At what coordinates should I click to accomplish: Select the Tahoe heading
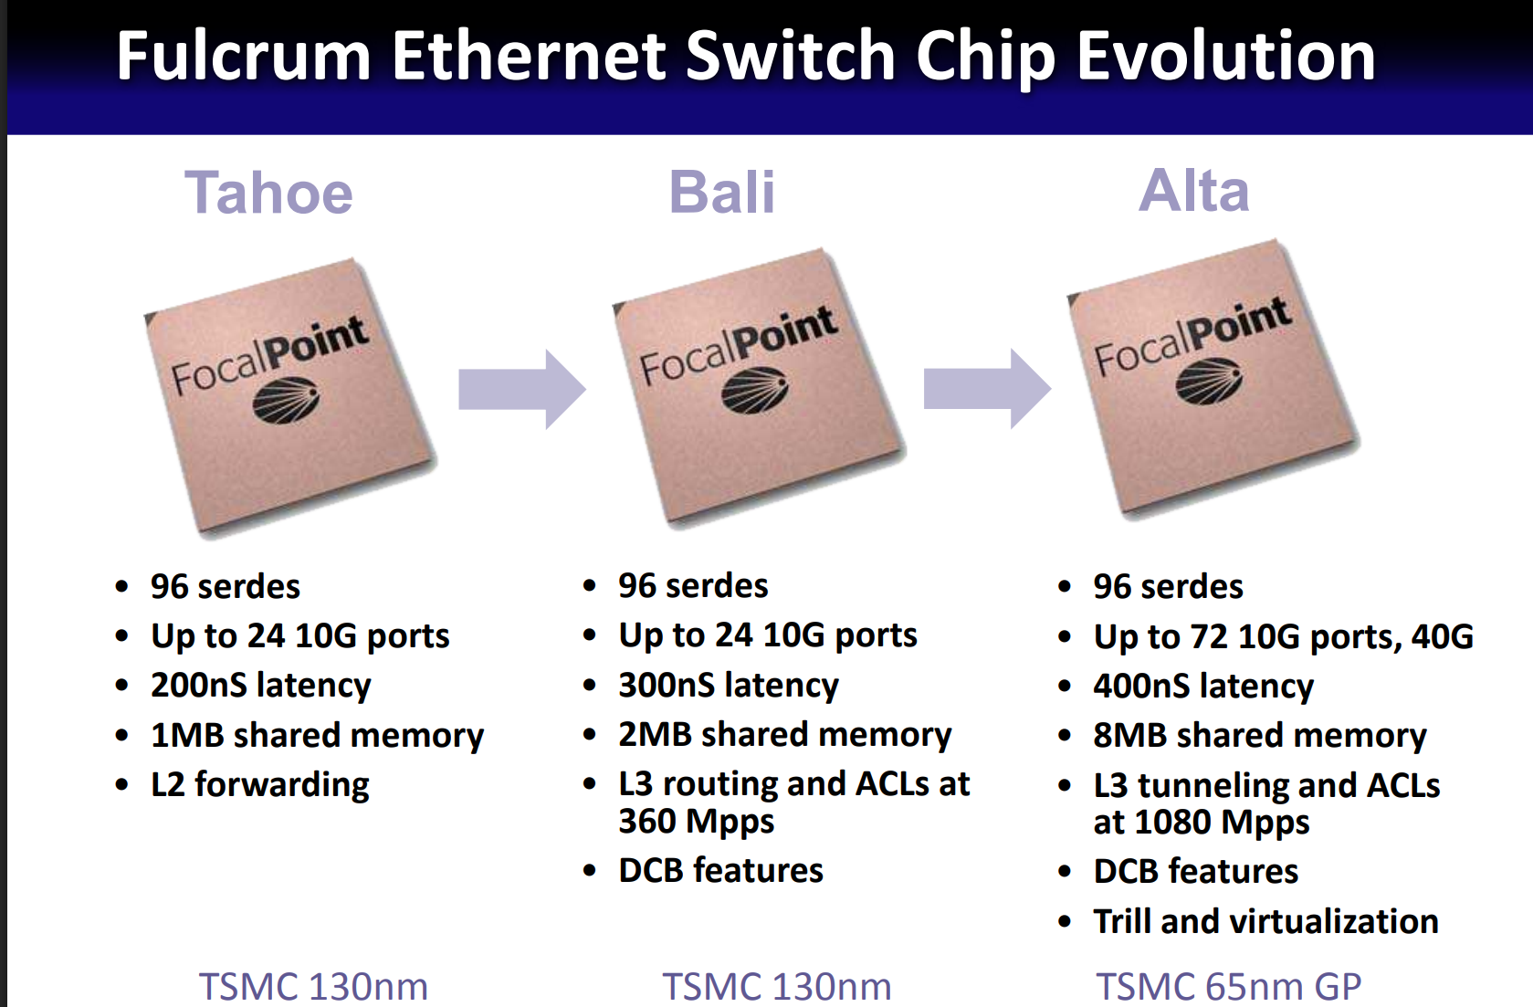click(268, 193)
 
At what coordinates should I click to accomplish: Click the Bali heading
click(721, 193)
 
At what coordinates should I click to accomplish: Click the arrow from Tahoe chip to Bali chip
click(521, 389)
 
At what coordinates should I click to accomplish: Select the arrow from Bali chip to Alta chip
click(987, 389)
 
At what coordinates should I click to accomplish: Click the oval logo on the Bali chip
click(755, 390)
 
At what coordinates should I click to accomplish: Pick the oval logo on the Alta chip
click(1209, 381)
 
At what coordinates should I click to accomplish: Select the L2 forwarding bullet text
click(260, 785)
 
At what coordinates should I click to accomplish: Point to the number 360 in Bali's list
click(647, 821)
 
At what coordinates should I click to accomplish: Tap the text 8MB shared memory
click(1260, 736)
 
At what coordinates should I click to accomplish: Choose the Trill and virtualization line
click(1266, 921)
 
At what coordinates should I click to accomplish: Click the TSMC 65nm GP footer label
click(1229, 987)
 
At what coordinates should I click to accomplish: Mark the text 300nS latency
click(729, 686)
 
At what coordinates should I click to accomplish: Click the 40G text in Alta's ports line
click(1442, 637)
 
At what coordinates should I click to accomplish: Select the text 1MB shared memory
click(317, 736)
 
